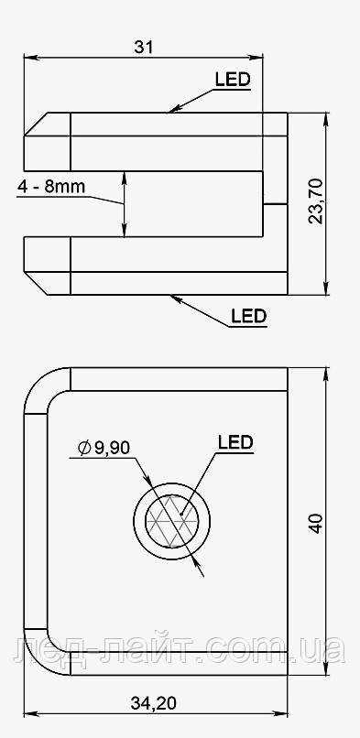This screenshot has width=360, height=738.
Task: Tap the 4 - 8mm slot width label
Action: [x=51, y=187]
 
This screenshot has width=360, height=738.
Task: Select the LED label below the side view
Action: [x=248, y=317]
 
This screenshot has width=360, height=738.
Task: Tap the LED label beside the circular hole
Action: [x=235, y=442]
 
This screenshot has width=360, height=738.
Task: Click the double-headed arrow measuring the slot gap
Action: [x=125, y=203]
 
